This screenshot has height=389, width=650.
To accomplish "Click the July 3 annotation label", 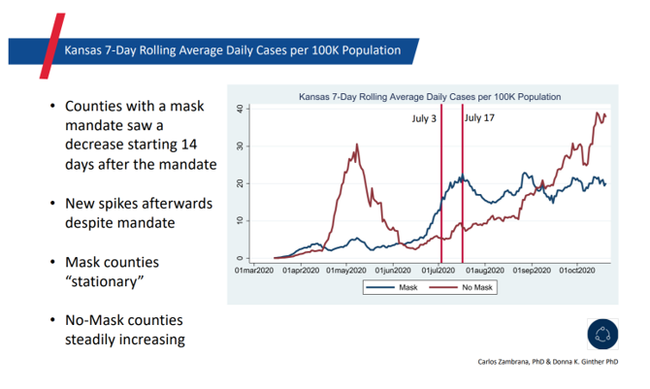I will tap(423, 117).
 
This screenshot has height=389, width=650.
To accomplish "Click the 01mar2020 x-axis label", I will tap(251, 269).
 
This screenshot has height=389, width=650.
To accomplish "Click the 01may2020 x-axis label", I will tap(346, 269).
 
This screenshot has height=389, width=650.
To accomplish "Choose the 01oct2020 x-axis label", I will tap(580, 269).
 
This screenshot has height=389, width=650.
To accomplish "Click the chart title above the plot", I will tap(429, 97).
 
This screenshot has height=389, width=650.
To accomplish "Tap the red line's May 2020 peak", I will tap(357, 146).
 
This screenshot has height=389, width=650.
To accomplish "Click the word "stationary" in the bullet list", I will tap(106, 282).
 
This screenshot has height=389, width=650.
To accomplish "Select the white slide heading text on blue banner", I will tap(232, 49).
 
